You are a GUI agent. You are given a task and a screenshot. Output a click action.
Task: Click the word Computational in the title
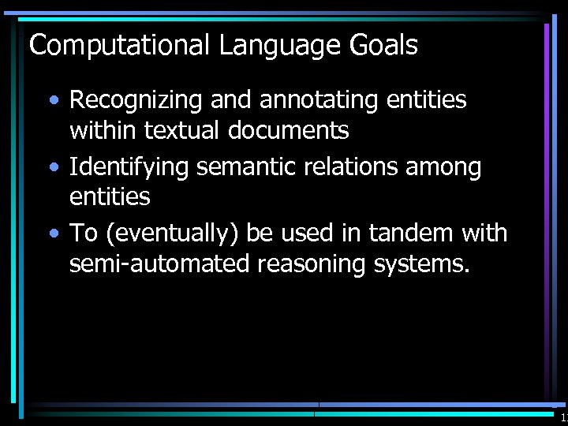(x=120, y=46)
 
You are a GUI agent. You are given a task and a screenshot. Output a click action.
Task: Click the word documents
(x=289, y=130)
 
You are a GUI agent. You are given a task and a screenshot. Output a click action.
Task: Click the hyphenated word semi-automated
(x=160, y=263)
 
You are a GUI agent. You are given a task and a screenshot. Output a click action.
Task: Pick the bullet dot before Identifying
(x=52, y=168)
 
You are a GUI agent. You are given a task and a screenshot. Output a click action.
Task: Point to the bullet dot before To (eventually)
(x=52, y=234)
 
